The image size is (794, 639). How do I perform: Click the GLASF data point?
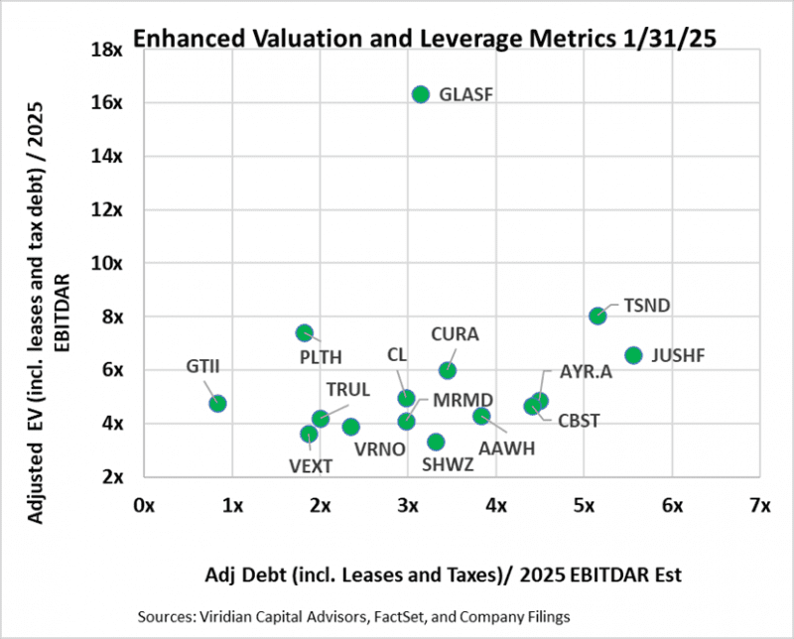420,94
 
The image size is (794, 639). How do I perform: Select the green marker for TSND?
597,316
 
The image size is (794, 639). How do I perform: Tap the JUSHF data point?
633,354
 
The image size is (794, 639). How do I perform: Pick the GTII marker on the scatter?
217,404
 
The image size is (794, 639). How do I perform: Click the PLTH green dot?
305,332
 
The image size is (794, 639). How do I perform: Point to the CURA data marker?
448,370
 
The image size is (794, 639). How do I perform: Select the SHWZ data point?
436,442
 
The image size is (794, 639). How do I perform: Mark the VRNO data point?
350,427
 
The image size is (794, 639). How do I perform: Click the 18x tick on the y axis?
106,49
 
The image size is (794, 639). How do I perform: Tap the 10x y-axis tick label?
106,263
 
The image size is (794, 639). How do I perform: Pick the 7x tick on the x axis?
760,505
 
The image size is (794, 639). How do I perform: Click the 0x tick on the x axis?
144,505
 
